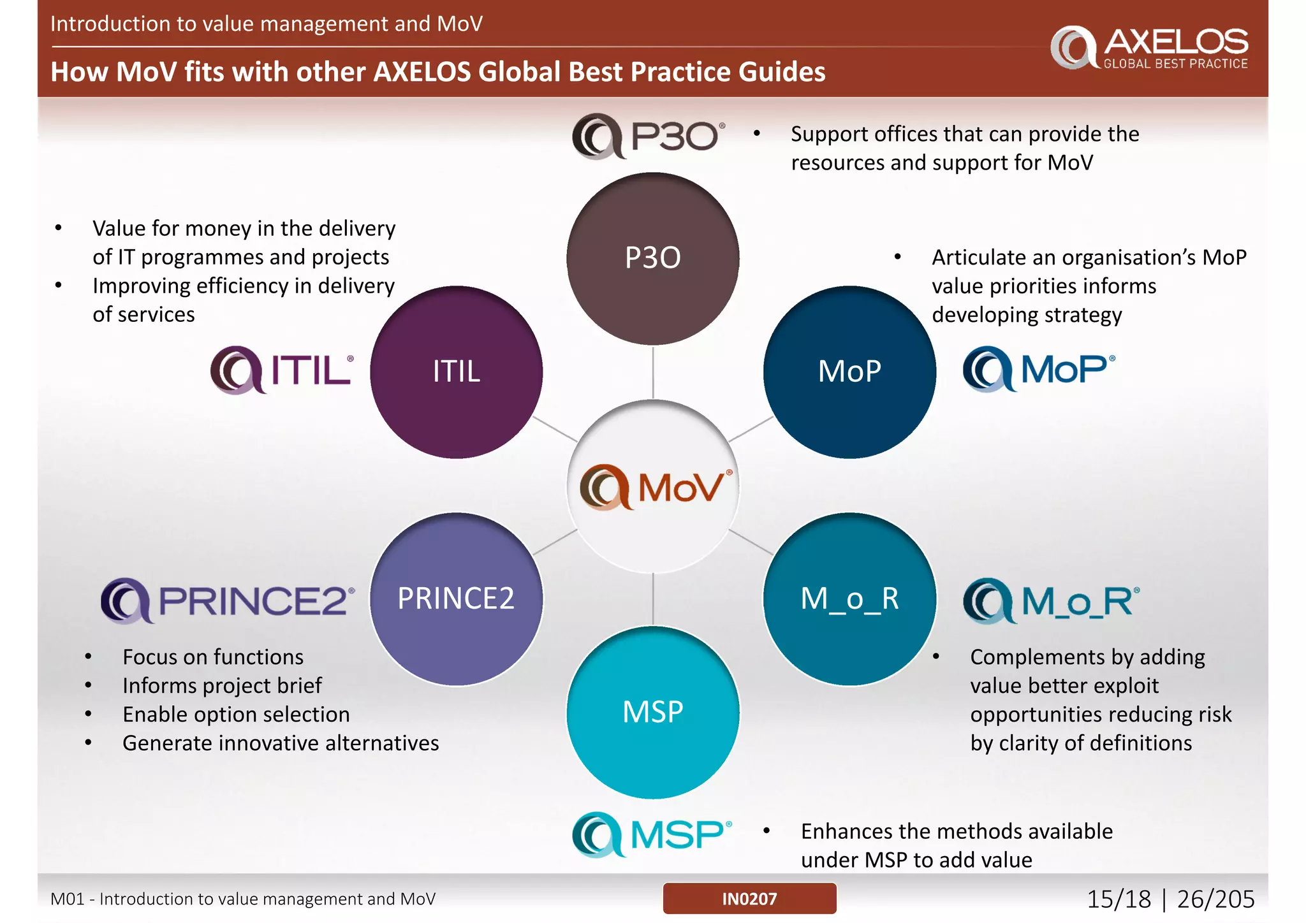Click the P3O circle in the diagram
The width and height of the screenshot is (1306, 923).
(652, 258)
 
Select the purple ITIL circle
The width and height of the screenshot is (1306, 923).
(456, 372)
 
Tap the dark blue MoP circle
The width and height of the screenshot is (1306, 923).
(849, 372)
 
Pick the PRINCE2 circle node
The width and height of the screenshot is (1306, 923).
(456, 599)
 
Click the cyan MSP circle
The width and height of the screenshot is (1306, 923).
(652, 712)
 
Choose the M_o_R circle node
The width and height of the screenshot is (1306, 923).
(849, 599)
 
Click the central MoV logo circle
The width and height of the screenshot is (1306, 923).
(652, 486)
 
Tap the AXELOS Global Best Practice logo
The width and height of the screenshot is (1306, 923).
(1149, 47)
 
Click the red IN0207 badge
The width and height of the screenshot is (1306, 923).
(749, 898)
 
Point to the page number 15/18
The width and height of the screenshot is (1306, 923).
(1119, 899)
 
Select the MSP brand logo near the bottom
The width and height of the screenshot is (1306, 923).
(652, 834)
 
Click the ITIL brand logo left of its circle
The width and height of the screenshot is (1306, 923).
(282, 370)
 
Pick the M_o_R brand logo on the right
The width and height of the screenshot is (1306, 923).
(1051, 600)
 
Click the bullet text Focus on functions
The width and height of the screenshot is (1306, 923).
(213, 657)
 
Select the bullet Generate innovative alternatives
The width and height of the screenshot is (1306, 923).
(281, 743)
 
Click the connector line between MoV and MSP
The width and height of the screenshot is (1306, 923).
(652, 599)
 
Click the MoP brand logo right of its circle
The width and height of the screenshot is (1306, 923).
(1039, 368)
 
